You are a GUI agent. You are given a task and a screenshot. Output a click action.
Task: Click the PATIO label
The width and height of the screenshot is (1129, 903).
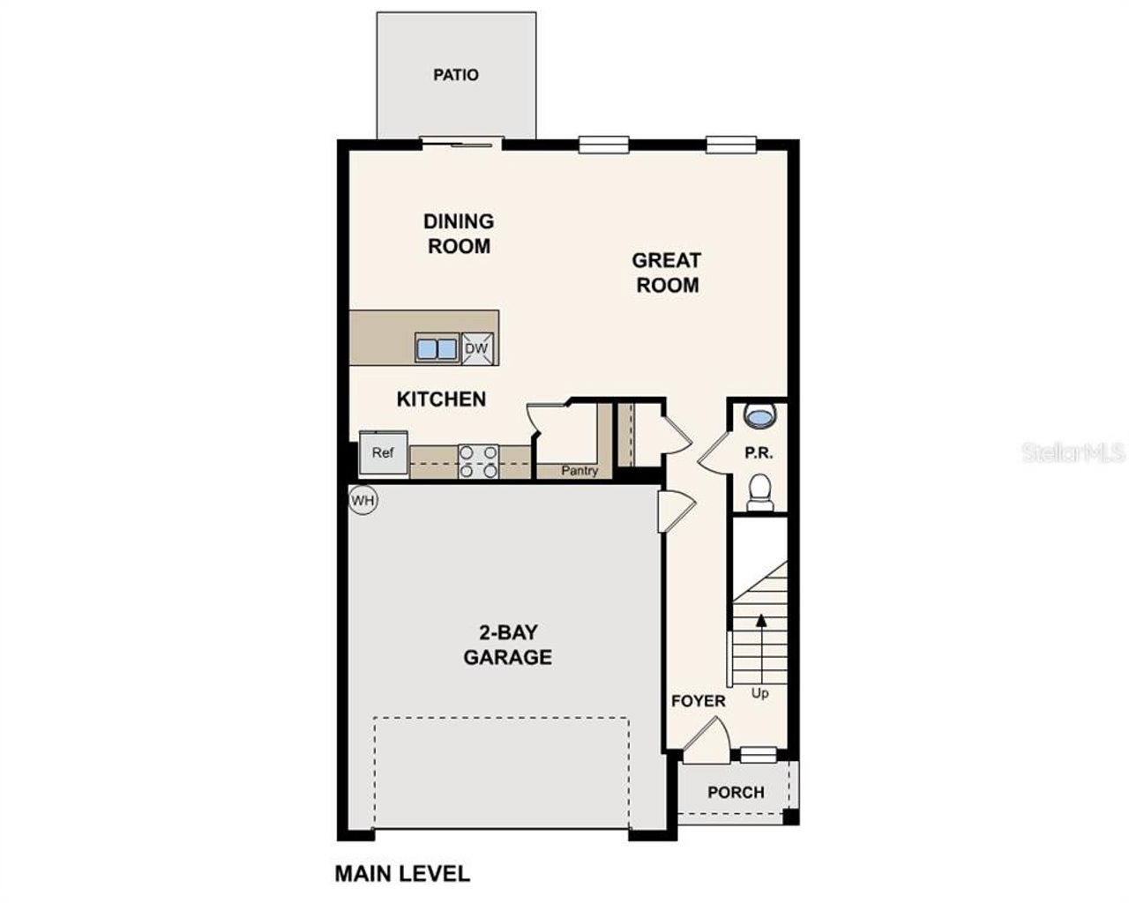(x=456, y=75)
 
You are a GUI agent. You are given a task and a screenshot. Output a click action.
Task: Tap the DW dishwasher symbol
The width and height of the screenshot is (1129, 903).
(x=476, y=348)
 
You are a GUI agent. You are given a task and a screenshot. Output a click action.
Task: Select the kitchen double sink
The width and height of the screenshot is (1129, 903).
(x=437, y=348)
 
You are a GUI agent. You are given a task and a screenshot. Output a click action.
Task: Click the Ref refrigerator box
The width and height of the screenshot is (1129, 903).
(x=383, y=453)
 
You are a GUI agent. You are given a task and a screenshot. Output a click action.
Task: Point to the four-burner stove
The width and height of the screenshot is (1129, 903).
(x=478, y=462)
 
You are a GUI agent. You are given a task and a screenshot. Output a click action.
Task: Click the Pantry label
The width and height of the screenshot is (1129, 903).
(x=579, y=471)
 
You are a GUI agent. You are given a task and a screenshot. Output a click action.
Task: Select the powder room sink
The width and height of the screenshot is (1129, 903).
(x=759, y=414)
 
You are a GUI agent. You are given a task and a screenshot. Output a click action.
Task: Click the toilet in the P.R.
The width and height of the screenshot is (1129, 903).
(x=759, y=492)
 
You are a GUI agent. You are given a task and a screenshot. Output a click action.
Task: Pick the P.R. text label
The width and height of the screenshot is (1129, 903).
(x=759, y=453)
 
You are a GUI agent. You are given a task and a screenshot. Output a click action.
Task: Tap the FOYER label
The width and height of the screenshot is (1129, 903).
(x=699, y=701)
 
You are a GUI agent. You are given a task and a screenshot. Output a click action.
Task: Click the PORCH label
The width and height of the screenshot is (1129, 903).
(x=736, y=792)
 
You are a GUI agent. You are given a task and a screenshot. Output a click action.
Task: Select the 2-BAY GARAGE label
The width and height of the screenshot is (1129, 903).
(x=508, y=645)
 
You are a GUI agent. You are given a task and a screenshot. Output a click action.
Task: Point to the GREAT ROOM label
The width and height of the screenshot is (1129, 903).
(x=668, y=272)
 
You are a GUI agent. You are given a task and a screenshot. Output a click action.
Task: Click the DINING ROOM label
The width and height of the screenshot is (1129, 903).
(x=459, y=234)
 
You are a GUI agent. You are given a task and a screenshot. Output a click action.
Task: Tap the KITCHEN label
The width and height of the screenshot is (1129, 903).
(x=441, y=399)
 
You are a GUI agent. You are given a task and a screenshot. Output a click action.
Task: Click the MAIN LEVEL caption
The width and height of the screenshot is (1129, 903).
(x=402, y=874)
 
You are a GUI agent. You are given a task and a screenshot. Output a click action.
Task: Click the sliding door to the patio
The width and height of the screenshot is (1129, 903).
(x=460, y=142)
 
